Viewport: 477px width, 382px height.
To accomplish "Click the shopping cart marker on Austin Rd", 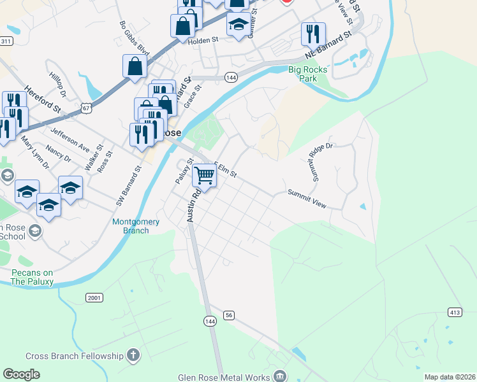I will click(x=204, y=174).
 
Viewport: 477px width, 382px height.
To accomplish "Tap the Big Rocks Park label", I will click(x=308, y=74).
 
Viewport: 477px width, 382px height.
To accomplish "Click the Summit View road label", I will click(x=307, y=198).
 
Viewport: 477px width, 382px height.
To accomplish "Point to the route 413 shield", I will click(x=455, y=312).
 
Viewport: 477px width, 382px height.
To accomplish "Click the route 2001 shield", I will click(x=94, y=297).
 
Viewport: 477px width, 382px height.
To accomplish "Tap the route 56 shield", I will click(x=230, y=315).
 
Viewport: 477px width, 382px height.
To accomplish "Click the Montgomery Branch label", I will click(x=130, y=226).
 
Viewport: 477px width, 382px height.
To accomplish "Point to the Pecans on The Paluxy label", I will click(x=32, y=277).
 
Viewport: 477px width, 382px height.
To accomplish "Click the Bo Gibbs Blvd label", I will click(x=134, y=38).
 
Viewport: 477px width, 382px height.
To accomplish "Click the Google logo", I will click(x=21, y=374).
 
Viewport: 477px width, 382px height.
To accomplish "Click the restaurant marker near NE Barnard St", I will click(x=313, y=34).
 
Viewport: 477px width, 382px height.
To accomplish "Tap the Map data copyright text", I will click(x=449, y=377).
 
